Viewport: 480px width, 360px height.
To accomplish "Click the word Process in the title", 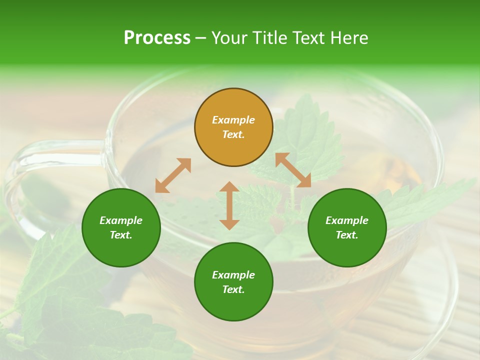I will point(157,38).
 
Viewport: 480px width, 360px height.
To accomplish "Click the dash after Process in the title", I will point(200,38).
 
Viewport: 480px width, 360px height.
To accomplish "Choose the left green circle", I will point(121,227).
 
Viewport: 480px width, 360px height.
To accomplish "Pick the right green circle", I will point(347,227).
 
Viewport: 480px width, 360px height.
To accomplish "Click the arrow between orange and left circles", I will point(173,175).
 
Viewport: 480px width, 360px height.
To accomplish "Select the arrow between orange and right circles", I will point(293,170).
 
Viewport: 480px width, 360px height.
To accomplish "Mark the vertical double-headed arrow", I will point(229,205).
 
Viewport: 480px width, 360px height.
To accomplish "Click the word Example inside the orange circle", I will point(233,120).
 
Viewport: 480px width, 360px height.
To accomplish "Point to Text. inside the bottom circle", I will point(233,289).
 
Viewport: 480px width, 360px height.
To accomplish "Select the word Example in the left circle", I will point(121,220).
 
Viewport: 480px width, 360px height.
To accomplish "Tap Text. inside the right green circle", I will point(347,235).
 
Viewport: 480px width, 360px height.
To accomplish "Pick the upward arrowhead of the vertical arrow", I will point(229,187).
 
